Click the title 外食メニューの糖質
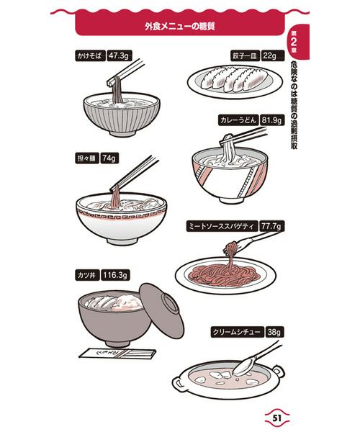(180, 26)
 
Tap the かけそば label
(90, 56)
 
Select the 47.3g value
(119, 56)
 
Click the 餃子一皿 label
(245, 56)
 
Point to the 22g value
(272, 56)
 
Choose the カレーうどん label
(238, 120)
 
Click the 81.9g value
(272, 120)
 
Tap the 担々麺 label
(87, 158)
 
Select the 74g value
(109, 158)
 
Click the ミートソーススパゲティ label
(222, 227)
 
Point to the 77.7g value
(271, 227)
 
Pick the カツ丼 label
(87, 275)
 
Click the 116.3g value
(115, 275)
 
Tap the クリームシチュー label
(237, 332)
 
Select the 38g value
(274, 332)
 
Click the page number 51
(276, 418)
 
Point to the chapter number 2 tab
(294, 42)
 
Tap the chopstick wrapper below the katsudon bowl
(117, 354)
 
